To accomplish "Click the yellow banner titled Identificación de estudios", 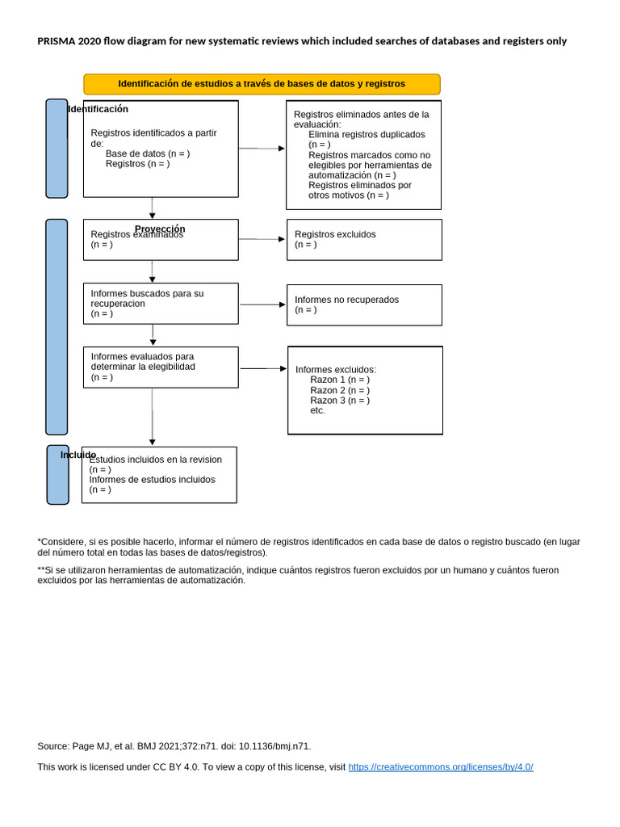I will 262,84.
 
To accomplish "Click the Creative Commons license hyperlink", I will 441,766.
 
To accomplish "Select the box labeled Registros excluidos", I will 364,239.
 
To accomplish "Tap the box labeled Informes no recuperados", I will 364,304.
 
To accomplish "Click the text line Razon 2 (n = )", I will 340,390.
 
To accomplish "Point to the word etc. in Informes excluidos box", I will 318,410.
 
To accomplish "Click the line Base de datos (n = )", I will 148,153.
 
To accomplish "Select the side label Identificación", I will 98,109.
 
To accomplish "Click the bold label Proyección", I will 160,229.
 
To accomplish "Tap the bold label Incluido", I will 78,455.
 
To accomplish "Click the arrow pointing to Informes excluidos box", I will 264,368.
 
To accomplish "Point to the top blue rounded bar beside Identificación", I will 57,149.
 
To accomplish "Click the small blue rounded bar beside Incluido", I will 57,475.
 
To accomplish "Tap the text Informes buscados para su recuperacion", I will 147,298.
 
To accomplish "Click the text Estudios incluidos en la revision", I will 156,460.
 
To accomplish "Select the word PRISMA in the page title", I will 56,41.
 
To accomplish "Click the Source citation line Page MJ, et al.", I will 174,746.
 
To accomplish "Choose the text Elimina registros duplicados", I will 367,135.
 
